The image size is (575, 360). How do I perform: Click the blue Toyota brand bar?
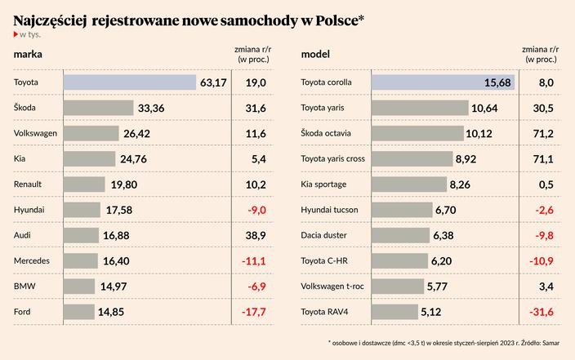coord(129,82)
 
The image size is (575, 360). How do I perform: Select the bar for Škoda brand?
coord(98,108)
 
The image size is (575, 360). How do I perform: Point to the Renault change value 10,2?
coord(256,184)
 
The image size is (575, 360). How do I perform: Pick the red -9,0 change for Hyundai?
coord(256,210)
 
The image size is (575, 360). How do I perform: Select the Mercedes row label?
coord(33,260)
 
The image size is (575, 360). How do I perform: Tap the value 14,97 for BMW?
coord(114,287)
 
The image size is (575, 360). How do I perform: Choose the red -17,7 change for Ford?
coord(256,312)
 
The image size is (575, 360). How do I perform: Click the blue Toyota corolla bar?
coord(443,82)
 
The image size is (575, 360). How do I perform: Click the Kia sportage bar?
coord(409,184)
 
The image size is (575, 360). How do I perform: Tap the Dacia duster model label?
coord(324,235)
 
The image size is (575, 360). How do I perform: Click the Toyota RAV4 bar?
coord(394,312)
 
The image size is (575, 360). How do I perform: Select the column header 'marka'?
coord(28,55)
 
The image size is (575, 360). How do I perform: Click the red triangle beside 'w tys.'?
coord(16,34)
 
